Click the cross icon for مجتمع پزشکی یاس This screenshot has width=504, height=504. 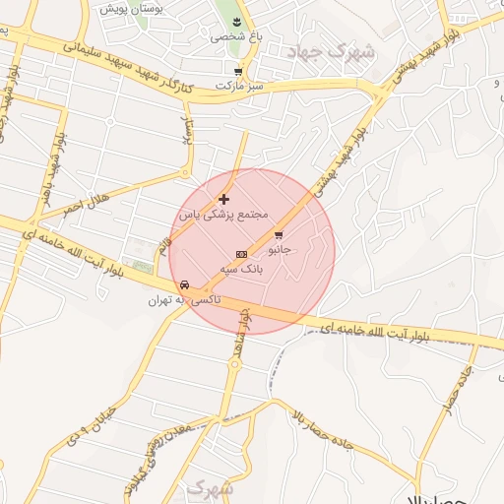(223, 200)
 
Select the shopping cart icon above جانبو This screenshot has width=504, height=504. (279, 235)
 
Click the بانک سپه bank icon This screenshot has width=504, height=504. (241, 253)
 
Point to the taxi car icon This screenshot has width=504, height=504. (184, 285)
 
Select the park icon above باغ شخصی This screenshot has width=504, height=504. (236, 22)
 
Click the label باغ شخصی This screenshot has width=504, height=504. (228, 36)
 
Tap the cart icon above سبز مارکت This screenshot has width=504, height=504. (238, 71)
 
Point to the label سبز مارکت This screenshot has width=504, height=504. (245, 87)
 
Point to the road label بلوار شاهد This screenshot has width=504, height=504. (241, 330)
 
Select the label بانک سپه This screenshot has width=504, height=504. (241, 267)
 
